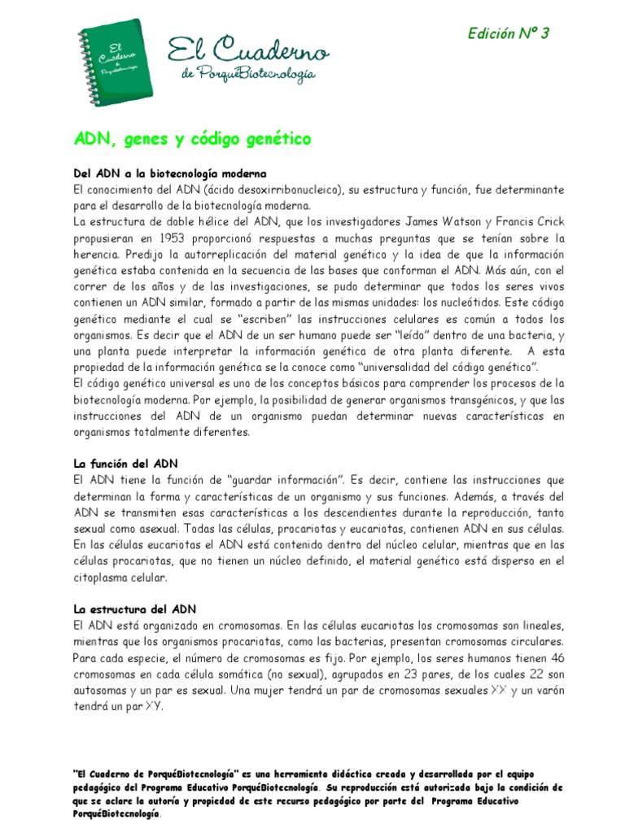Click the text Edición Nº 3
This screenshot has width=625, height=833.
[509, 33]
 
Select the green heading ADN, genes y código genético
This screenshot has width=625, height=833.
[192, 140]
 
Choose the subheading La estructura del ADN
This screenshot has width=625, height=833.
[135, 608]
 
